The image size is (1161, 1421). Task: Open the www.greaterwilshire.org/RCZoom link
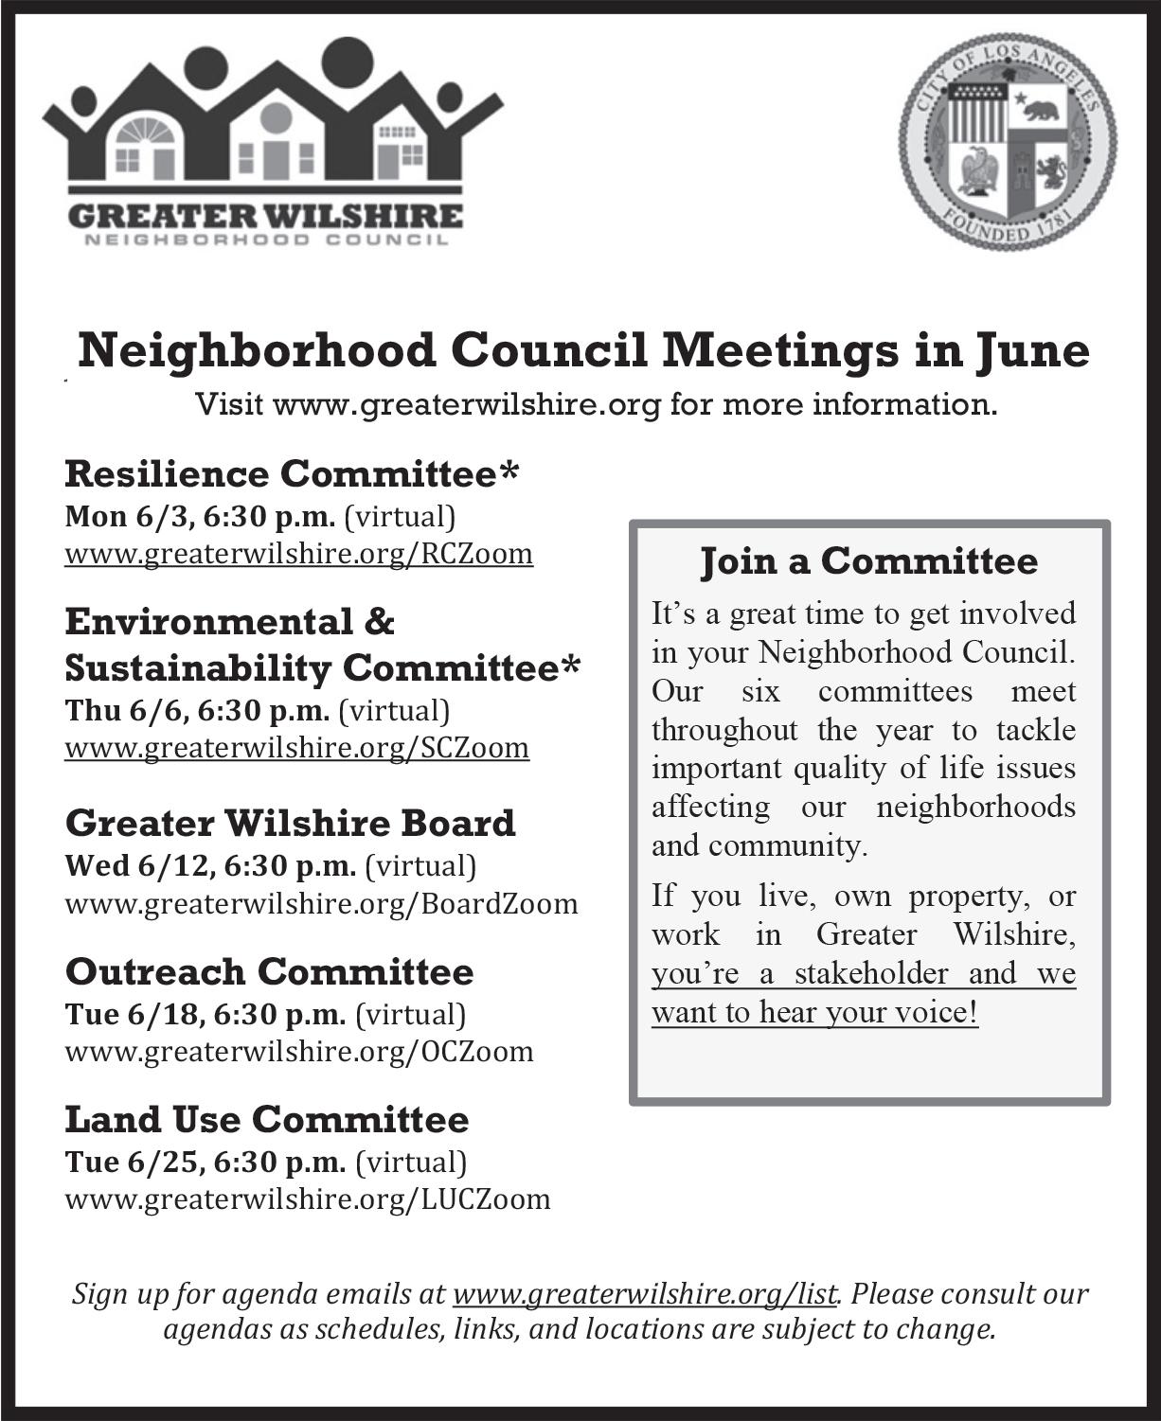[298, 553]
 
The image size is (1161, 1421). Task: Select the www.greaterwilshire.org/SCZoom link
[296, 748]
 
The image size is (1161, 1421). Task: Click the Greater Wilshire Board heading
[290, 823]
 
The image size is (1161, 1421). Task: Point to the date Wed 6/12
[122, 865]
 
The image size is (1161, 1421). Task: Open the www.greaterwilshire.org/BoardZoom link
[321, 903]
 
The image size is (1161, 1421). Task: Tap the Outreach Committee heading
[269, 971]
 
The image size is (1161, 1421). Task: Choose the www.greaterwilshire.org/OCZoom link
[298, 1051]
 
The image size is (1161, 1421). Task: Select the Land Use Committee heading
[266, 1120]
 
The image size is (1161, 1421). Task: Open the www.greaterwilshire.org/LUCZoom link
[307, 1199]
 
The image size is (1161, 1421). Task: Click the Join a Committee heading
[868, 561]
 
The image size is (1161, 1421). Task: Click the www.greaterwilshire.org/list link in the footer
[645, 1293]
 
